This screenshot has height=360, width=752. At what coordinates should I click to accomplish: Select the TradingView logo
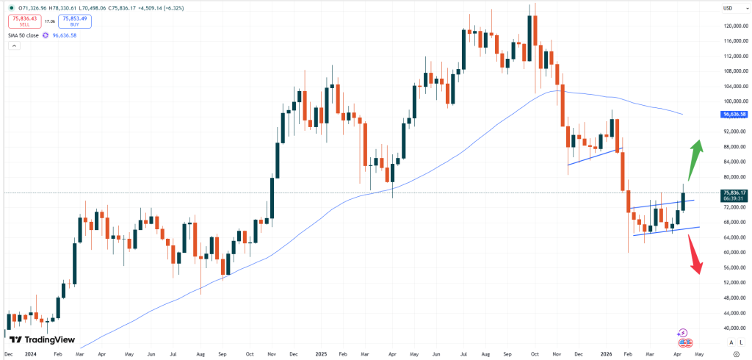tap(42, 339)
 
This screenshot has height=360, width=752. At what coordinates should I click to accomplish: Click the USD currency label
tap(728, 8)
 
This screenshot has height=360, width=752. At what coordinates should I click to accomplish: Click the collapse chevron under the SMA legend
tap(13, 46)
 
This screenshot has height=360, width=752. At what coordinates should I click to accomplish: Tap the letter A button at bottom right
tap(731, 342)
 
